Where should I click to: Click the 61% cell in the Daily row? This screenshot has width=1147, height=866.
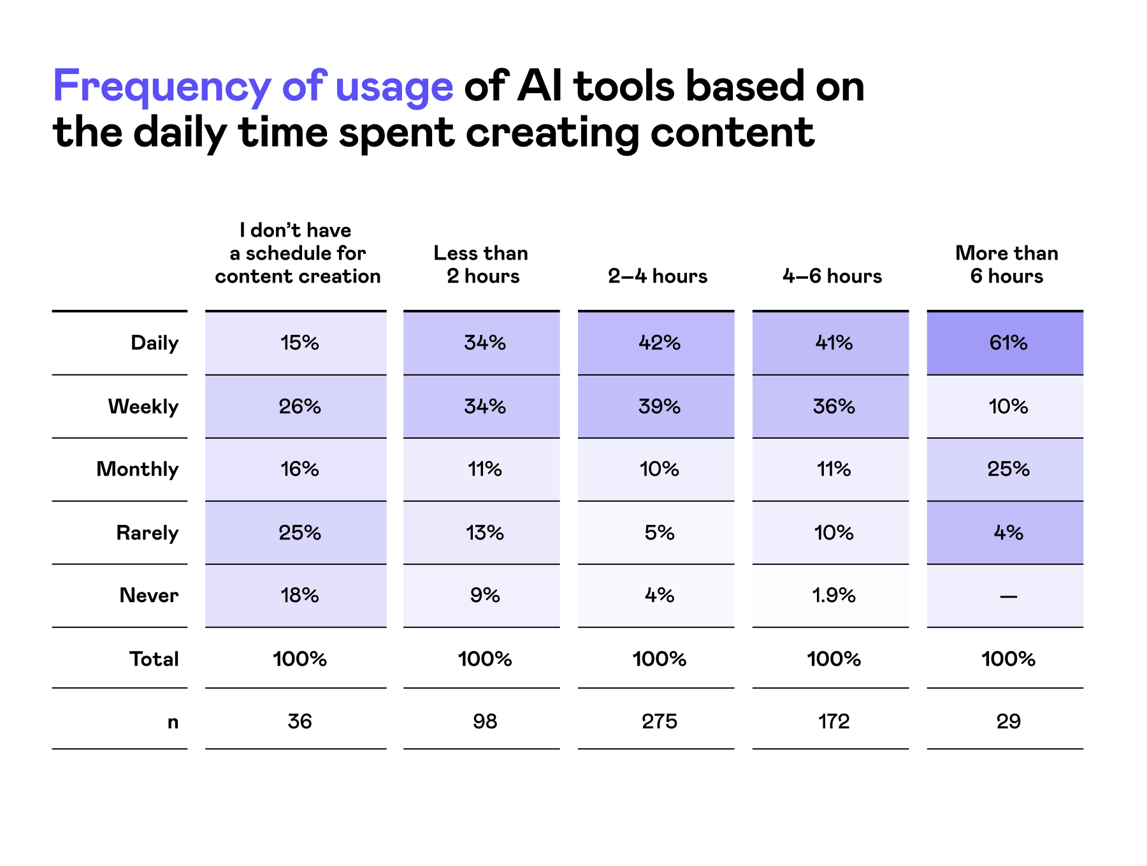point(1008,343)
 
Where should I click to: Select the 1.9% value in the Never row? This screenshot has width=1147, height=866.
point(833,596)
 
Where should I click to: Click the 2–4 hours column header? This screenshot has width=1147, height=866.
point(658,276)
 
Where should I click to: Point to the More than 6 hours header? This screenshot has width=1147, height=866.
point(1007,265)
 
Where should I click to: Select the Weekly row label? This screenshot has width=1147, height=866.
point(143,406)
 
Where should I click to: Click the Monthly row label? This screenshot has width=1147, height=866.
point(138,469)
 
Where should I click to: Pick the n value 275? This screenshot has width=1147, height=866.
point(659,721)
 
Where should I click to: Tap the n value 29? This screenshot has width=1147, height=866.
point(1008,721)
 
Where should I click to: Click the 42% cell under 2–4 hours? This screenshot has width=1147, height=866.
point(659,343)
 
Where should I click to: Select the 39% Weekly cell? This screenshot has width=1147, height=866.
point(659,406)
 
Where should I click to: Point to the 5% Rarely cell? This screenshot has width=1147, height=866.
point(659,532)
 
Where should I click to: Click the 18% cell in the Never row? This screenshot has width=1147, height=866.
point(299,596)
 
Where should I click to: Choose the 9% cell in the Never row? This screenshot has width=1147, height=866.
point(484,596)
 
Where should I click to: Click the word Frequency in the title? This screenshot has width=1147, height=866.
point(162,86)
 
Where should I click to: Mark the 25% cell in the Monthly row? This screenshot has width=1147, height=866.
point(1008,469)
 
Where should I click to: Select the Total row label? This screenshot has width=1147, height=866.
point(154,659)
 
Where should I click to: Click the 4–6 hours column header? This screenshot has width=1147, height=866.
point(832,276)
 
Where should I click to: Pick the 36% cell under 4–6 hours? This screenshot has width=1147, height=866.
point(833,406)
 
